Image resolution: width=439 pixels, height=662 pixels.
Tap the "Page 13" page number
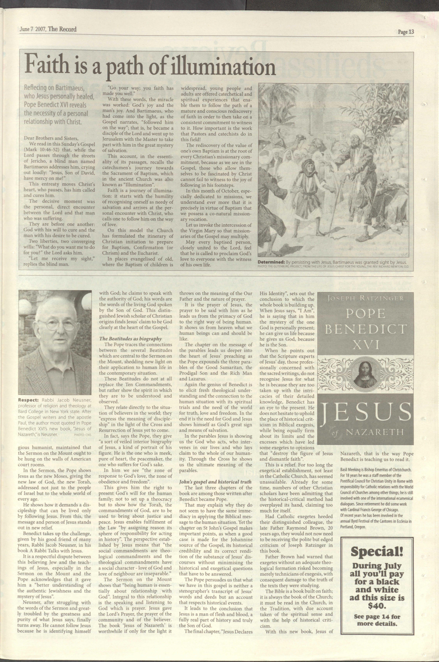pyautogui.click(x=406, y=32)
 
